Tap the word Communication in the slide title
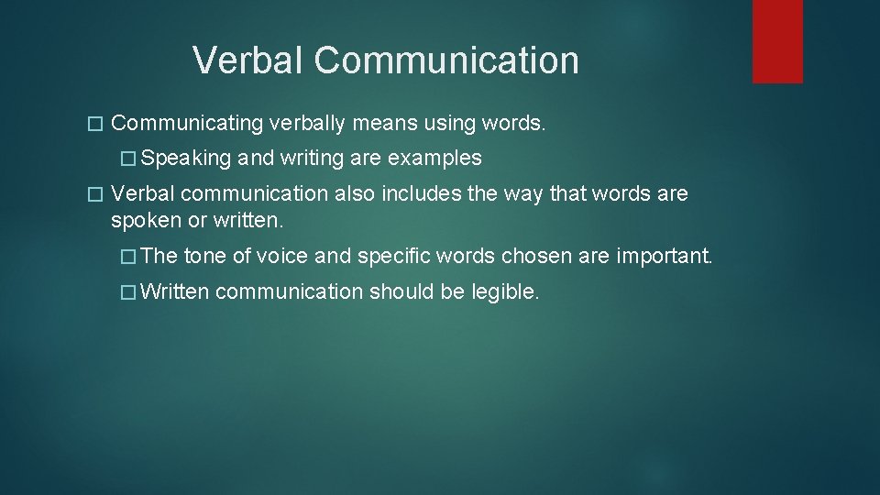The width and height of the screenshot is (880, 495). [446, 61]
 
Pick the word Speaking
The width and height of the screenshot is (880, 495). [187, 159]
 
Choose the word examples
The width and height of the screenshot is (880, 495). [434, 159]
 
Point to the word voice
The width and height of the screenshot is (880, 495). [283, 257]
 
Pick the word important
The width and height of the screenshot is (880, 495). [664, 257]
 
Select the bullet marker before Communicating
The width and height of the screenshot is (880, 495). [90, 124]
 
